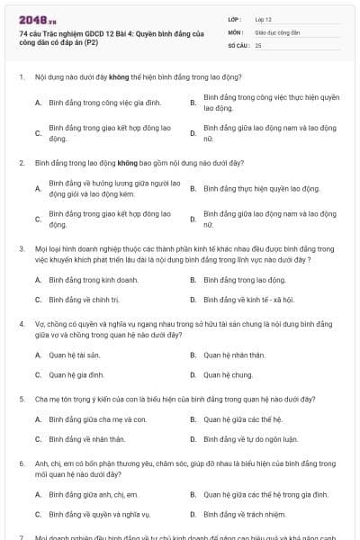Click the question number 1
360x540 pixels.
21,77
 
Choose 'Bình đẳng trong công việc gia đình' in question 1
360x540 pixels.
90,103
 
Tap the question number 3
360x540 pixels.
21,247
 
